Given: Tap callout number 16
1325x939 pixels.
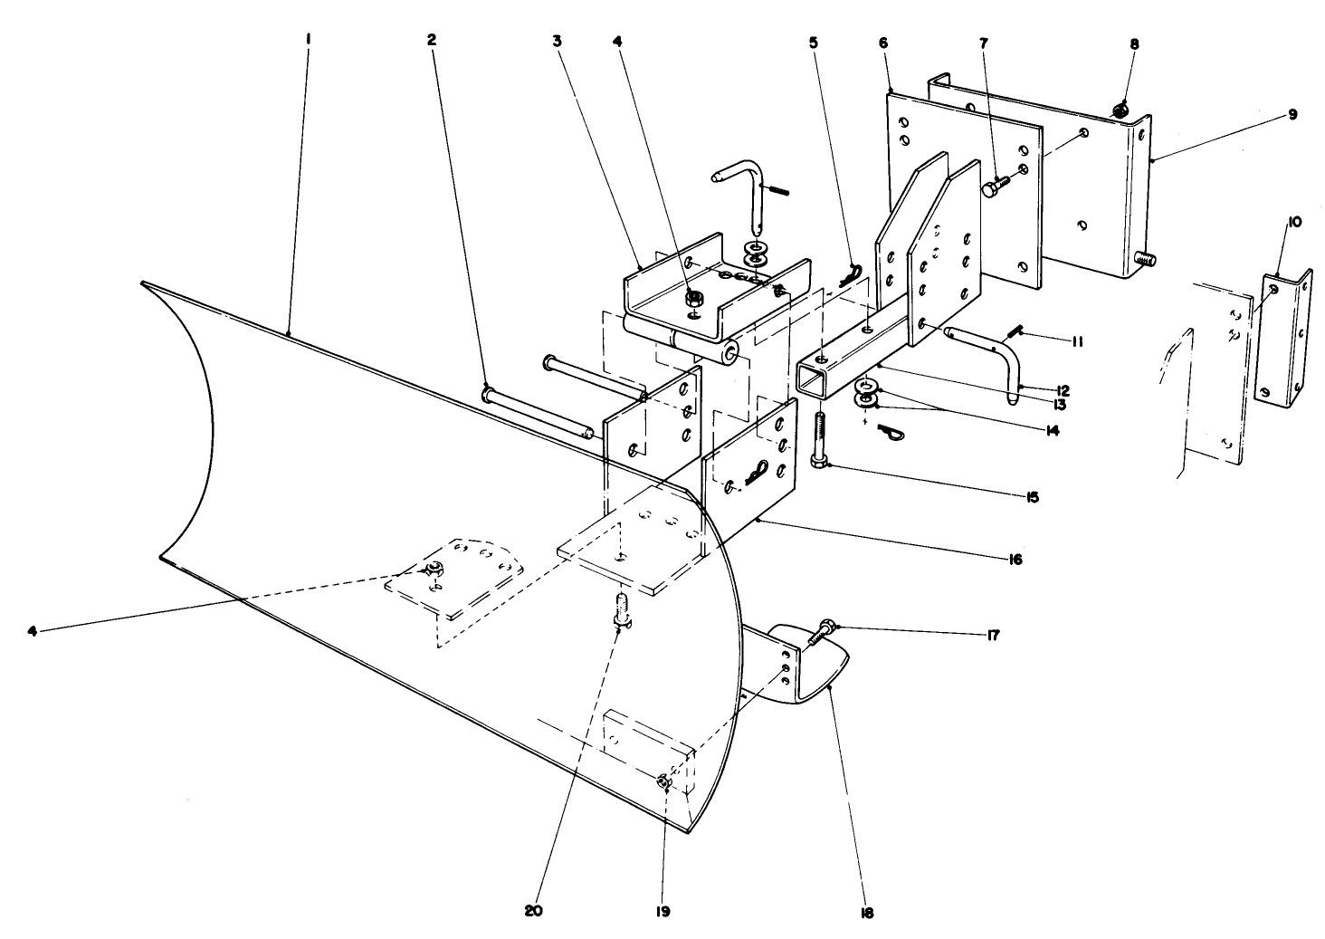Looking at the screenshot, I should (x=1015, y=560).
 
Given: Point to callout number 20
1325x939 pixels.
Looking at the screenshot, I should (x=532, y=911).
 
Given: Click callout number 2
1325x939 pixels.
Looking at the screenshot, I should (x=432, y=40).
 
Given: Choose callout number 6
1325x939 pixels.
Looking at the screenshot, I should (x=882, y=43).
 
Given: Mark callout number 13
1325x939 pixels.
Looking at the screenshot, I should (x=1058, y=406).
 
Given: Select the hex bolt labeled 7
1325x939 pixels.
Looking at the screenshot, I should (x=994, y=187).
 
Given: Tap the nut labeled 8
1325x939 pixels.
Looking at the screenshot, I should (x=1120, y=111).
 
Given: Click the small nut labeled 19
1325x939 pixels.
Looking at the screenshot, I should (x=662, y=781).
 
